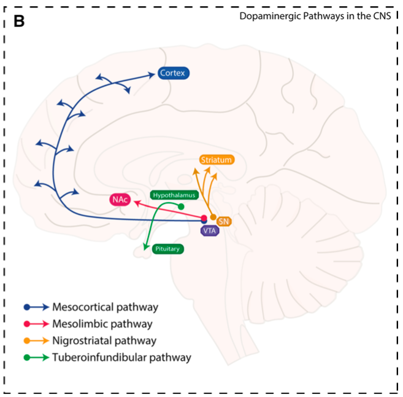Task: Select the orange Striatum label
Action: (216, 160)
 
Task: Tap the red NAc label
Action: (120, 199)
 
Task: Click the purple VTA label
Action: (209, 230)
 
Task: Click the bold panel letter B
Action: (19, 22)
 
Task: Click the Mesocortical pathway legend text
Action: (106, 307)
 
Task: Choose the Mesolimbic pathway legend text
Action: (102, 323)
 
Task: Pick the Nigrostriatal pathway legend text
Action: (104, 340)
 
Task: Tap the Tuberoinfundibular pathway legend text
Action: (121, 356)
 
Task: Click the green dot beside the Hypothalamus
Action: (181, 206)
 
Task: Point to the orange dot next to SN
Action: (213, 217)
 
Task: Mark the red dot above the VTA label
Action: (204, 218)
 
